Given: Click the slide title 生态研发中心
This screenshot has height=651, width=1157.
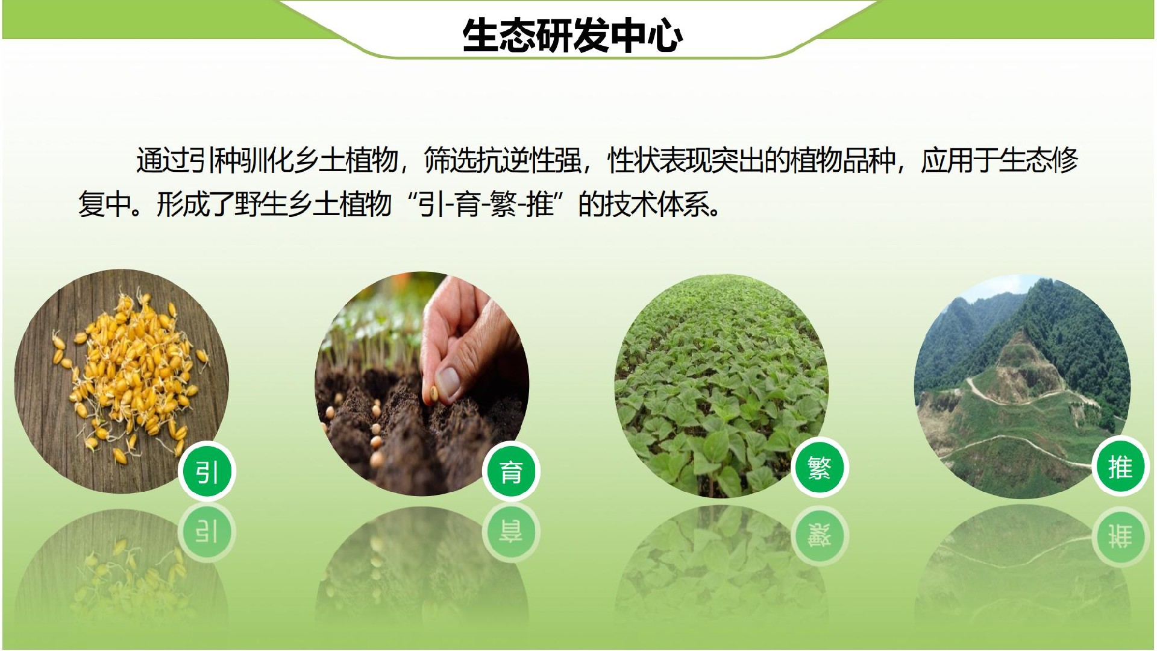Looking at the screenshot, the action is click(x=572, y=36).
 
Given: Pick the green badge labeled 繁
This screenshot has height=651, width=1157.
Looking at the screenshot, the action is click(x=820, y=468).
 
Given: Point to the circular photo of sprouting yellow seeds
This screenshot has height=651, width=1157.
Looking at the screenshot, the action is click(x=122, y=381).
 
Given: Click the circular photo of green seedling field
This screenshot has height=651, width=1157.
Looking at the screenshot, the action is click(x=722, y=386).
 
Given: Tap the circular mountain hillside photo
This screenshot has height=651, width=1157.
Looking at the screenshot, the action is click(x=1022, y=386).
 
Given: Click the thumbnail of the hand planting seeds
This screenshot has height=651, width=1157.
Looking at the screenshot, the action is click(x=422, y=384).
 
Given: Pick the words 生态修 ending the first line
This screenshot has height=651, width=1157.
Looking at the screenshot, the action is click(x=1039, y=160).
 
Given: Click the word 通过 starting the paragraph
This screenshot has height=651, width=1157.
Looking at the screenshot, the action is click(x=162, y=160).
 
